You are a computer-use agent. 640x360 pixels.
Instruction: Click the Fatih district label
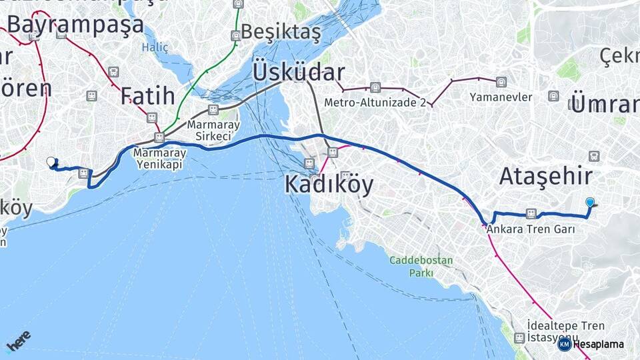click(x=147, y=96)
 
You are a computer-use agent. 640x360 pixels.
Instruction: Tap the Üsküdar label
click(x=298, y=72)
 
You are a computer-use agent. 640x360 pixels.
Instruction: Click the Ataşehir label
click(x=546, y=177)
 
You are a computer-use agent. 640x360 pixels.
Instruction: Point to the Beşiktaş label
click(x=281, y=31)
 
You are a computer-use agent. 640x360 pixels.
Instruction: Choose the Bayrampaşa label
click(x=75, y=24)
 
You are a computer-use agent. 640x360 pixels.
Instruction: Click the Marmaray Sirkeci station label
click(x=213, y=130)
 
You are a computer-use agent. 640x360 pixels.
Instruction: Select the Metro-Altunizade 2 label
click(x=375, y=103)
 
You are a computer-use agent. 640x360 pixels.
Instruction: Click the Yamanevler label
click(x=501, y=97)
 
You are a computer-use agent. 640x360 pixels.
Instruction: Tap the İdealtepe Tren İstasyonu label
click(x=565, y=331)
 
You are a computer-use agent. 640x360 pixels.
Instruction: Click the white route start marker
click(x=51, y=161)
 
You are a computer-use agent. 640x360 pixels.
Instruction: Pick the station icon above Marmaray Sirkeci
click(x=213, y=109)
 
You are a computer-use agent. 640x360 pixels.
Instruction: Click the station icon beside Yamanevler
click(x=501, y=83)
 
